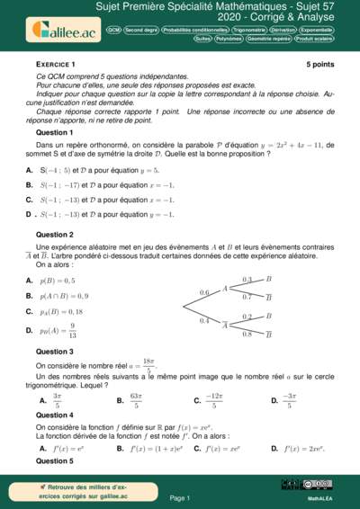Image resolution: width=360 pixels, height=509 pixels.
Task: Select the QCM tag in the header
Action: click(x=113, y=29)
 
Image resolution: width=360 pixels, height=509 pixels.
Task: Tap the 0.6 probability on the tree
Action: click(x=204, y=293)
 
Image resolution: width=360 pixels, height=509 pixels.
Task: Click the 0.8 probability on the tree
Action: click(x=247, y=335)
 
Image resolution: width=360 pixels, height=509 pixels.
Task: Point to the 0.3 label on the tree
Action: click(x=247, y=280)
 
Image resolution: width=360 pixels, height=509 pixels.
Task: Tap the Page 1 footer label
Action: click(x=179, y=497)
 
